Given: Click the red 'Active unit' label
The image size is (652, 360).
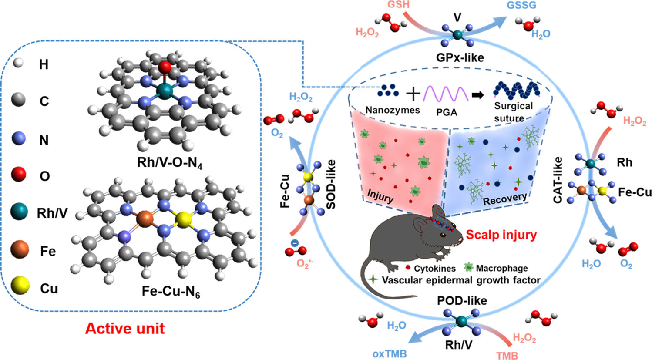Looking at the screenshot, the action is tap(125, 329).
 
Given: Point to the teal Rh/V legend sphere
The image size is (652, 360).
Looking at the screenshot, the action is tap(19, 212).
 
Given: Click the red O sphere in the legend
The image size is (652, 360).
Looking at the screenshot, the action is tap(19, 174).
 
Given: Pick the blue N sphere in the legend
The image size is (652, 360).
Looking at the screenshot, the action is tap(19, 138).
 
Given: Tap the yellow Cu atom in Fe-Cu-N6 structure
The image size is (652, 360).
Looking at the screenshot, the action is tap(184, 220).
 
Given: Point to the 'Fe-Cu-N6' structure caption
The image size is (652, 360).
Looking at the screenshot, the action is tap(171, 292).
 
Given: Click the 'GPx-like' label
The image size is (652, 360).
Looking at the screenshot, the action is tap(460, 57).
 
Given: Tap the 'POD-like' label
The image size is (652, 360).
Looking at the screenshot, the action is tap(462, 301).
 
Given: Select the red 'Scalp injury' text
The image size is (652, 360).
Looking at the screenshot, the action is tap(501, 235).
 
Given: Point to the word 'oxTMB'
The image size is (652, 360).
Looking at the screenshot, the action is tap(390, 354).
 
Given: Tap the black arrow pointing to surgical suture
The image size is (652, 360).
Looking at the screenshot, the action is tap(477, 95).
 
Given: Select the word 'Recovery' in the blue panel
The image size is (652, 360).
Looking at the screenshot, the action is tap(505, 199).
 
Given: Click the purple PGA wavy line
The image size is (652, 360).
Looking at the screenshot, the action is tap(446, 94).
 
